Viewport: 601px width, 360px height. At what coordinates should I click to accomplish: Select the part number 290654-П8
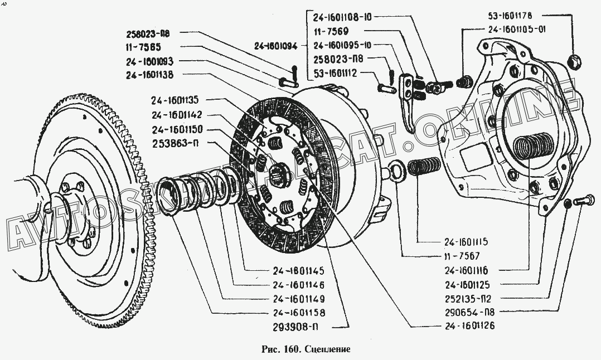[467, 312]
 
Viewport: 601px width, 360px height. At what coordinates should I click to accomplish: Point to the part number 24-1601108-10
[342, 16]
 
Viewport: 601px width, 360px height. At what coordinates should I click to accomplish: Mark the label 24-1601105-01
[516, 31]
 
